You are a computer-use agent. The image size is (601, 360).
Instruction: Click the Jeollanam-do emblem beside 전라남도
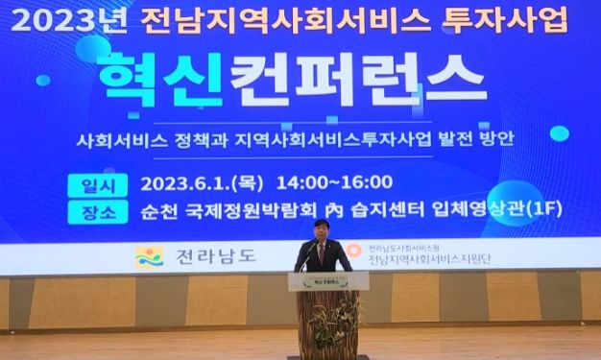tap(149, 256)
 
